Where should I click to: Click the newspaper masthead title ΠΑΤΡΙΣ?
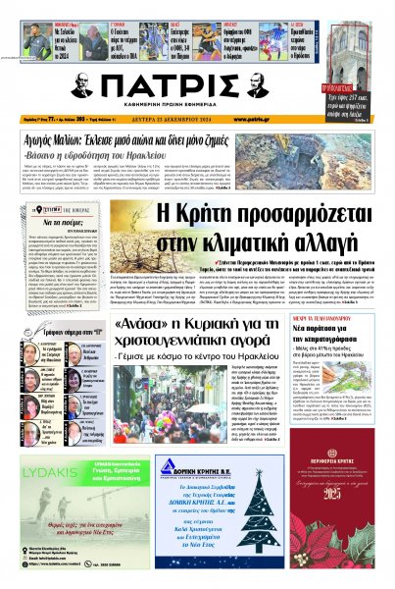coord(197,85)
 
